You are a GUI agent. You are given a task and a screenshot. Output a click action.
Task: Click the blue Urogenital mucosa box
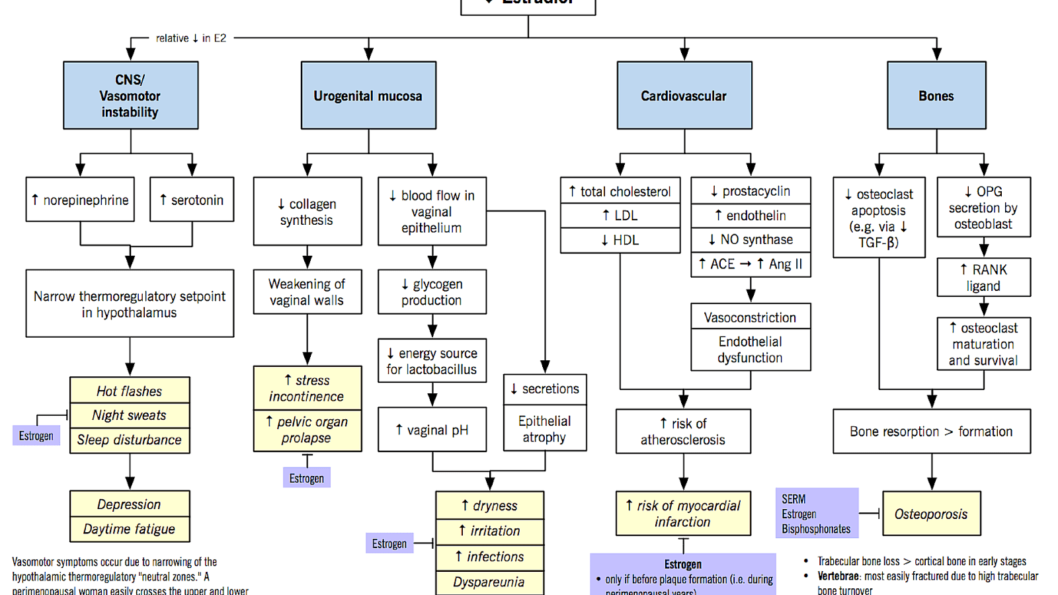point(368,95)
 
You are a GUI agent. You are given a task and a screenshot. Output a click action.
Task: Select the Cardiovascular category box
point(684,95)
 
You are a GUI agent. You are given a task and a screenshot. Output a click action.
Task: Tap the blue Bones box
point(936,95)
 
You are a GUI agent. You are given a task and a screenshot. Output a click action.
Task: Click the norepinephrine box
point(80,200)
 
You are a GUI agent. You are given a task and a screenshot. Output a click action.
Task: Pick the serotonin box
point(192,200)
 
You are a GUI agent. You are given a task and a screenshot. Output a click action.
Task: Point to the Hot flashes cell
point(130,391)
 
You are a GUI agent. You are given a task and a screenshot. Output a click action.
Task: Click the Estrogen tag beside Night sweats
point(36,436)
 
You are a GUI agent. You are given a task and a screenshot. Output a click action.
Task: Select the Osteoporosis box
point(931,514)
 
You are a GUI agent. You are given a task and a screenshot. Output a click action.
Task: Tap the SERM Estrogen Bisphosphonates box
point(817,514)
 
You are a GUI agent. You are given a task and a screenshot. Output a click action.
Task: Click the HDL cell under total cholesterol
point(620,240)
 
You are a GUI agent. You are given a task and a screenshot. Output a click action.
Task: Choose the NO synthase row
point(751,239)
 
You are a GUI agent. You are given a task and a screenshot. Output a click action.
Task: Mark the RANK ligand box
point(983,278)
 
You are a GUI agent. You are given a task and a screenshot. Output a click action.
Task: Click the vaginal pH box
point(432,430)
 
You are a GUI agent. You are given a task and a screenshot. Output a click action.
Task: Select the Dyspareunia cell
point(489,582)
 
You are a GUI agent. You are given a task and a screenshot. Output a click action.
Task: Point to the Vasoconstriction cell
point(751,317)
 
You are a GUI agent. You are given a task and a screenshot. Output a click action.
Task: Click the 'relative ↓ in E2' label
point(191,38)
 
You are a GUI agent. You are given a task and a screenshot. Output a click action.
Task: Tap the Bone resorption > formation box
point(931,431)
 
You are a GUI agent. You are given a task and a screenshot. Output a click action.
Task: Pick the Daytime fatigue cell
point(130,529)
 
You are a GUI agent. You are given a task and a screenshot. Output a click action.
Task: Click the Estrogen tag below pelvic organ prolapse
point(307,478)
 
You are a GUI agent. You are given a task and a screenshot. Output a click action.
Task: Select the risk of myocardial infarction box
point(683,513)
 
